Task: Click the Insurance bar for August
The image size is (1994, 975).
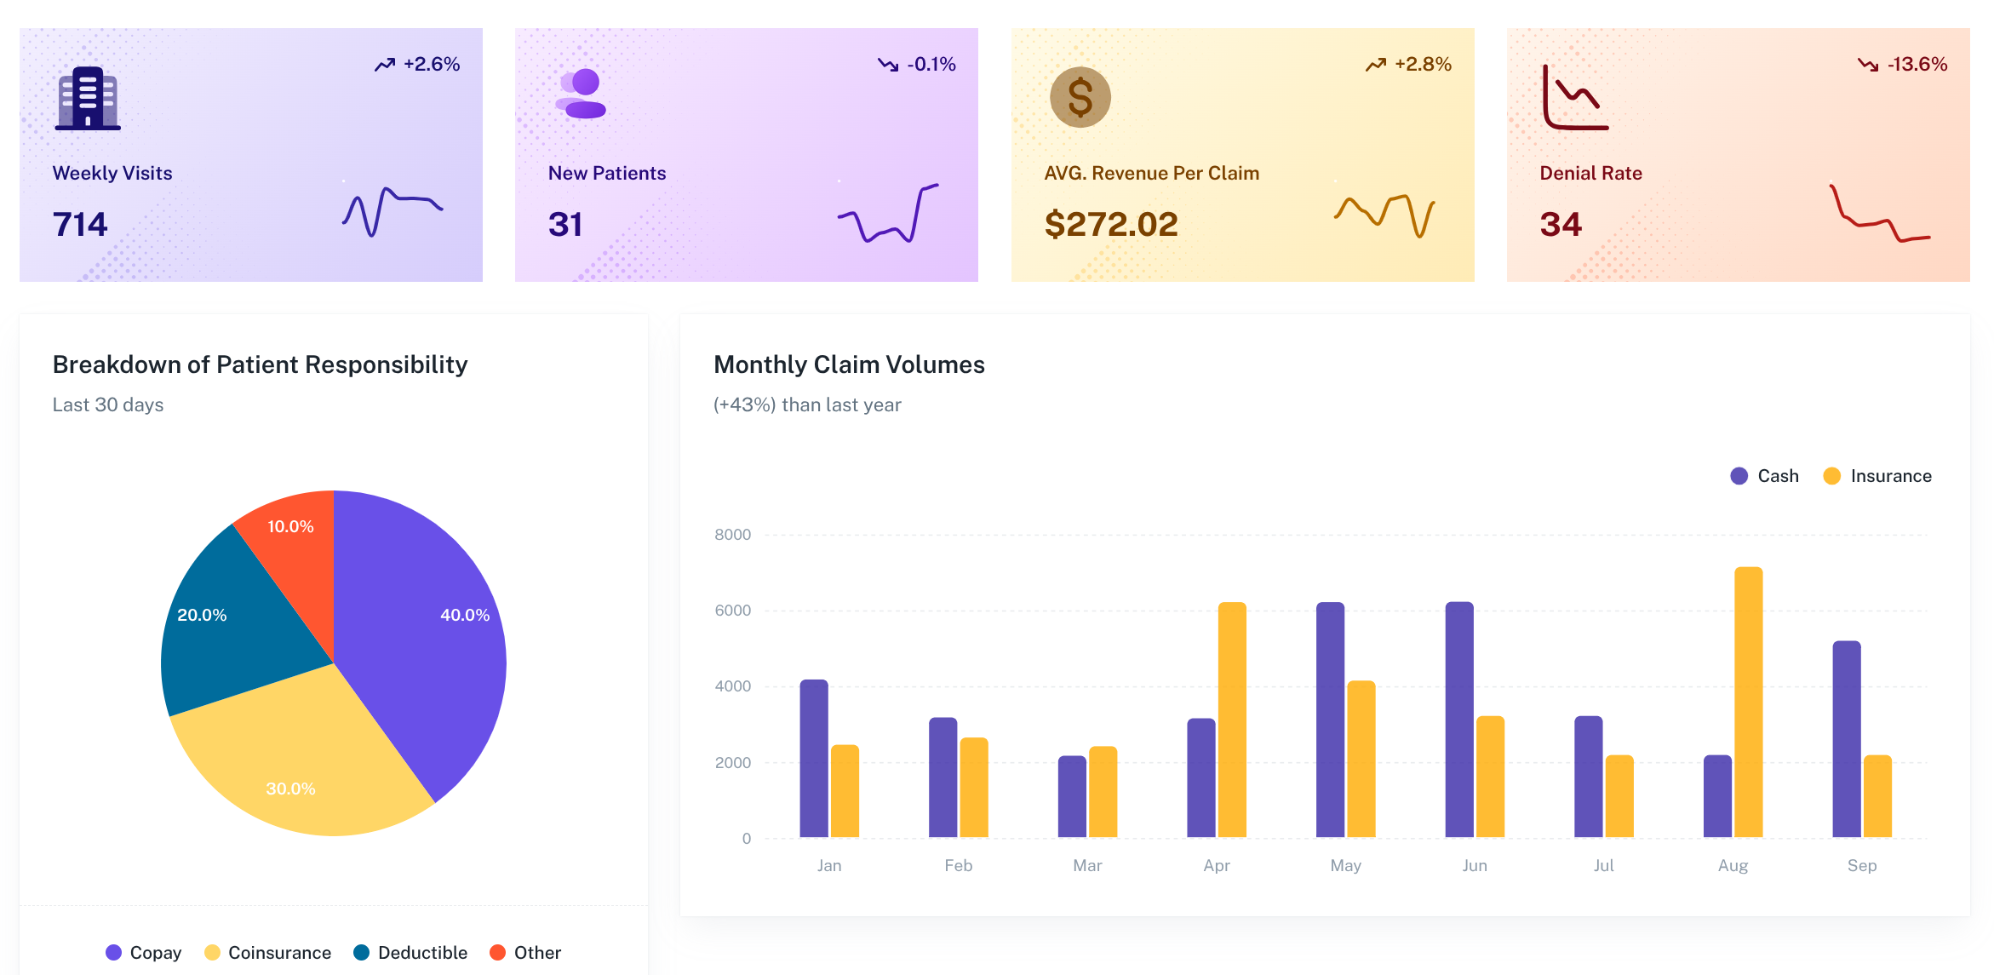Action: click(1748, 703)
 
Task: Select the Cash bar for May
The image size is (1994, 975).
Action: click(1330, 720)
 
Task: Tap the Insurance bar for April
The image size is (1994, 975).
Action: click(1232, 720)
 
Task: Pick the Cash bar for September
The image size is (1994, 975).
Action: click(1846, 739)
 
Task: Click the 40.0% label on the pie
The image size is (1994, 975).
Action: click(465, 615)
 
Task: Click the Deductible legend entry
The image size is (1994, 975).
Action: click(410, 952)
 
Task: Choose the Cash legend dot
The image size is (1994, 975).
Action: click(1739, 476)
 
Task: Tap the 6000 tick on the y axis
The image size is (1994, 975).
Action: click(732, 611)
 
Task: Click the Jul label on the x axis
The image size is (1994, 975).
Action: click(1603, 865)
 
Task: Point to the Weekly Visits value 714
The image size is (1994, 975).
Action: click(80, 224)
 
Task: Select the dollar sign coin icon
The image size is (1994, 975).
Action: click(1080, 97)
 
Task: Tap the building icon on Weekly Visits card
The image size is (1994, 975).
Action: click(88, 98)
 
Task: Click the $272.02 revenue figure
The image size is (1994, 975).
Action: click(1110, 224)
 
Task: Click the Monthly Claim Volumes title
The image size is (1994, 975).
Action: click(849, 364)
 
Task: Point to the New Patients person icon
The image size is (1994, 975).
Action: click(582, 94)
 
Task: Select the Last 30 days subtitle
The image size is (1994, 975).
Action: click(108, 404)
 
